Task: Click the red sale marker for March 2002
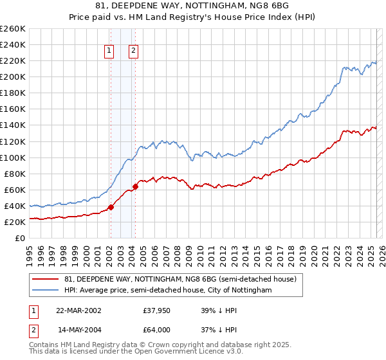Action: tap(111, 207)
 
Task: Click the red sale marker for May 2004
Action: tap(135, 186)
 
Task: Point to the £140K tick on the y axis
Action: tap(12, 125)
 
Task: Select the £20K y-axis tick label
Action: tap(14, 222)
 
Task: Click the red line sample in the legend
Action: tap(45, 279)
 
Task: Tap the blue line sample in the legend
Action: tap(45, 291)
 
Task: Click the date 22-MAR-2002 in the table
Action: tap(78, 310)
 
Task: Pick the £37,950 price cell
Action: tap(156, 310)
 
